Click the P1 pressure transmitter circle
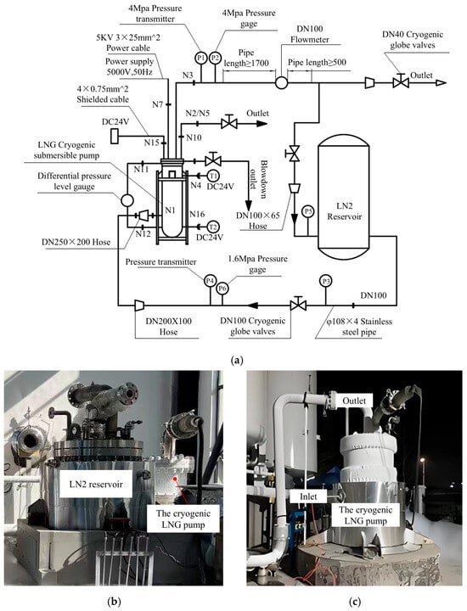[200, 58]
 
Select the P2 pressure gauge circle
[215, 58]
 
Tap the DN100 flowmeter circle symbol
[281, 82]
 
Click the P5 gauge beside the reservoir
[308, 210]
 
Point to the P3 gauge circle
[325, 281]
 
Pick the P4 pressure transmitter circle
[210, 280]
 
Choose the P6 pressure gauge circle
[222, 289]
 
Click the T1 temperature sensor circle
[213, 176]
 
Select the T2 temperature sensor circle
[213, 227]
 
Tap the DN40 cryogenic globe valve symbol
[400, 81]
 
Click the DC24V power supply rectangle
[115, 137]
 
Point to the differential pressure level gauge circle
[127, 200]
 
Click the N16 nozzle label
[197, 214]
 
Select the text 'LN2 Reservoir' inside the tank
[344, 210]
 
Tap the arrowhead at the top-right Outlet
[441, 82]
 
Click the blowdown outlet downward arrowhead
[248, 205]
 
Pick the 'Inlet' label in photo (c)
[308, 496]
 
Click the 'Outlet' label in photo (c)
[354, 401]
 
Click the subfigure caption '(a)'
[237, 360]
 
